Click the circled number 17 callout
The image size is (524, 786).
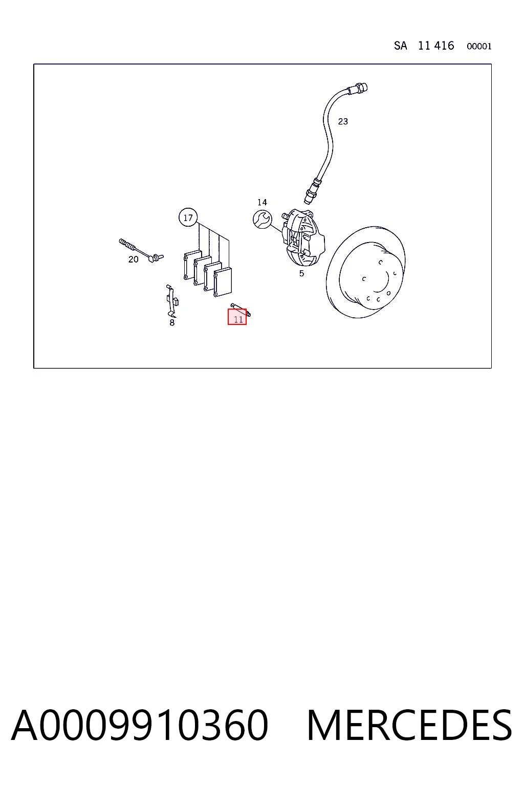click(188, 217)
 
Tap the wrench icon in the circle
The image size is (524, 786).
click(262, 220)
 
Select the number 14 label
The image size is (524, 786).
click(262, 202)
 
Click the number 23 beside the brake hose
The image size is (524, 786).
click(343, 121)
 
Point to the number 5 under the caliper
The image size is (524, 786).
click(301, 273)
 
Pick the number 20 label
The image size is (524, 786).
click(134, 259)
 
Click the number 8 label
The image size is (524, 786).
click(172, 322)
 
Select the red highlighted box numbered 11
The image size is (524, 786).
click(237, 317)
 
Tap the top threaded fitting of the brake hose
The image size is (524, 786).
click(359, 88)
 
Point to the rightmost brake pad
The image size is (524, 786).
click(223, 282)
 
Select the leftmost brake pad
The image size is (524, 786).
click(192, 265)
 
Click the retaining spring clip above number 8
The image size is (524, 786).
click(172, 300)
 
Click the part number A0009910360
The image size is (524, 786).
click(140, 725)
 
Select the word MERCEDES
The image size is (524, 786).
click(409, 725)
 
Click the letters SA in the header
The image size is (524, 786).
click(401, 46)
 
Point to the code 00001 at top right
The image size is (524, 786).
click(479, 47)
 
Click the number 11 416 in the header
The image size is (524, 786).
click(436, 46)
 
